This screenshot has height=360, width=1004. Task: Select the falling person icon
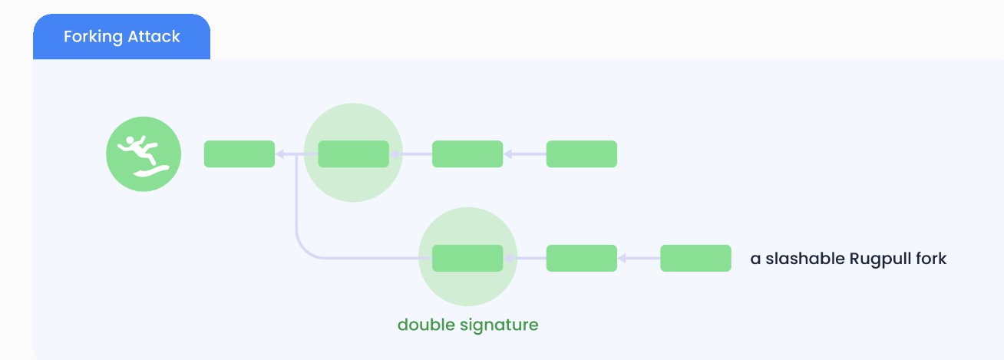144,154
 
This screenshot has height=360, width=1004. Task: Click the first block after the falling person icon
239,154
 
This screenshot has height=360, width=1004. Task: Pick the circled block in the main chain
353,154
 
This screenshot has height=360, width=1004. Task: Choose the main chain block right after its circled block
467,154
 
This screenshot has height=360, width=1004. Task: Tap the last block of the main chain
581,154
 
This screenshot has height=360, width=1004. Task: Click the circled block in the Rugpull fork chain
467,258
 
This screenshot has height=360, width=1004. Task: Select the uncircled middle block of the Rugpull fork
581,258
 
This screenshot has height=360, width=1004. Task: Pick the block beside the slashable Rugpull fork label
695,258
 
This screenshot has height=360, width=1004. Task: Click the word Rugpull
880,259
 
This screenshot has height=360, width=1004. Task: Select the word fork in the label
932,259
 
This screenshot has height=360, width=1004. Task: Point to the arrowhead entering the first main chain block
280,154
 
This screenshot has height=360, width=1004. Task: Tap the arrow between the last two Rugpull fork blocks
639,258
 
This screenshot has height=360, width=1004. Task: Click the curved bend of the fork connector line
302,250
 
